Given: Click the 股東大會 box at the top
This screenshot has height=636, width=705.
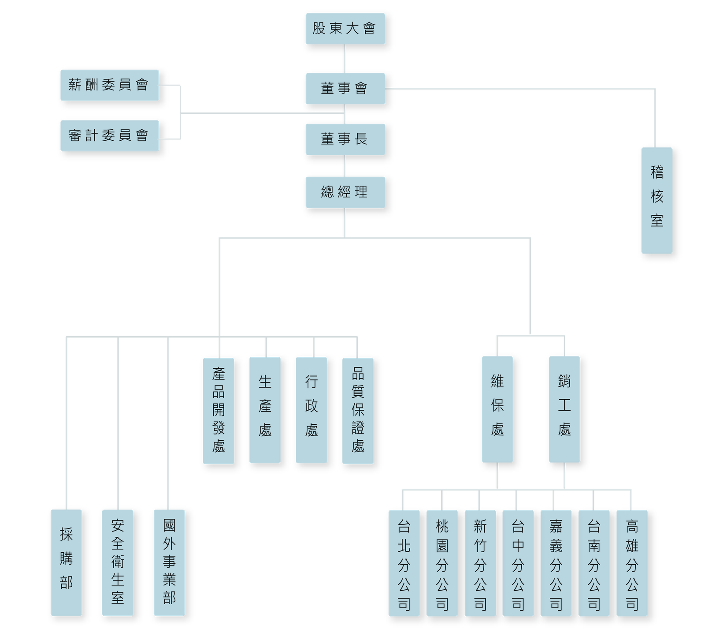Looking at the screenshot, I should pos(345,29).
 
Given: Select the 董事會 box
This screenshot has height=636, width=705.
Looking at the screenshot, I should pos(345,89).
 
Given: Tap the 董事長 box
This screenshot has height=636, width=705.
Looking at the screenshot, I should pos(345,139).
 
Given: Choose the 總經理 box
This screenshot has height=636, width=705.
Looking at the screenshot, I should pos(345,192).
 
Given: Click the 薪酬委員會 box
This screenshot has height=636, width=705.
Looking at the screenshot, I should pos(109,85).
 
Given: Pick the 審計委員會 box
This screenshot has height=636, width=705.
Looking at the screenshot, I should pos(109,135).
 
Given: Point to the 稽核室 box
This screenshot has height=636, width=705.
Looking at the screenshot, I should pos(657,200).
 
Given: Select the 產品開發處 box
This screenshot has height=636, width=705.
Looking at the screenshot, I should pos(219,410).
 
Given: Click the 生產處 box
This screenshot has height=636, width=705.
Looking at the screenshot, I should pos(265,410).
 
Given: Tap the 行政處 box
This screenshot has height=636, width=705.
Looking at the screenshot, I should pos(311,410).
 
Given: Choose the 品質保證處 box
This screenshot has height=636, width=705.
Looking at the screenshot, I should pos(358,410).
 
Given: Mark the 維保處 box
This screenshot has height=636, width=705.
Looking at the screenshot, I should pos(497,409).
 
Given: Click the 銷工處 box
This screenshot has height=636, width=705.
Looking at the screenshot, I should pos(564,409).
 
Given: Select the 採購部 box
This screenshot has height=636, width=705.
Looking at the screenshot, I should pos(66,562).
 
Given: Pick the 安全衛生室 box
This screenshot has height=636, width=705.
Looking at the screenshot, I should pos(118,562).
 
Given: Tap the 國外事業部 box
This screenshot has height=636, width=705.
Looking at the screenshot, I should pos(169,562).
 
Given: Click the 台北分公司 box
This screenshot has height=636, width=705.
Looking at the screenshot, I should pos(404,563).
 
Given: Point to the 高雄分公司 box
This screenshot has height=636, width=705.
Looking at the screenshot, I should pos(632,563).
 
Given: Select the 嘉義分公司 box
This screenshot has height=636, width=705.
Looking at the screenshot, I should pos(556,563).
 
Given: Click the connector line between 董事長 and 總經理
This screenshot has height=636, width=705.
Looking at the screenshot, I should pos(345,166).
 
